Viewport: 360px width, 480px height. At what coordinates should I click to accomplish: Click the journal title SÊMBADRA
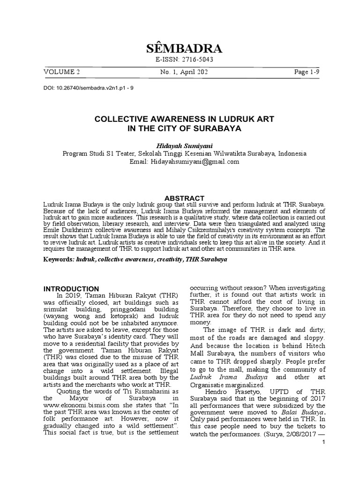coord(180,49)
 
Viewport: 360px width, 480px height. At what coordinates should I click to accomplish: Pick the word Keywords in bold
coord(57,259)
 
